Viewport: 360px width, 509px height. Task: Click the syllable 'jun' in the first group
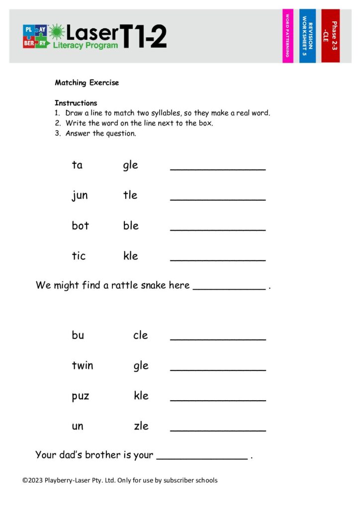[80, 195]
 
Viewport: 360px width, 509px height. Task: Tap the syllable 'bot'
[80, 226]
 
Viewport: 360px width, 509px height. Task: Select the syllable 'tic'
[79, 256]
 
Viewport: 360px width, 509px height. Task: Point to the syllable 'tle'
[130, 195]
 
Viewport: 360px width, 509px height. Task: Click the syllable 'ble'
[131, 226]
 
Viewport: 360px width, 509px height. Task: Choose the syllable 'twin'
[83, 365]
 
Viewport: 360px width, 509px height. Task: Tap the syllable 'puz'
[81, 397]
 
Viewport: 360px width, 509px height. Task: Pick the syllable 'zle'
[141, 426]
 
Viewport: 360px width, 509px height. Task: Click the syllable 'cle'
[141, 335]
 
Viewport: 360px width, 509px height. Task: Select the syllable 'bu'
[78, 335]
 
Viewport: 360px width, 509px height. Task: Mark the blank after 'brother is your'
[202, 457]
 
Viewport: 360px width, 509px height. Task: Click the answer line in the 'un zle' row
[218, 429]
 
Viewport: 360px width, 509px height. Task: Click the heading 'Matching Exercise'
[87, 83]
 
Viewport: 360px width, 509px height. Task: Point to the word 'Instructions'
[76, 103]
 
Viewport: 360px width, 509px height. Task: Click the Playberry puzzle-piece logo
[35, 36]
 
